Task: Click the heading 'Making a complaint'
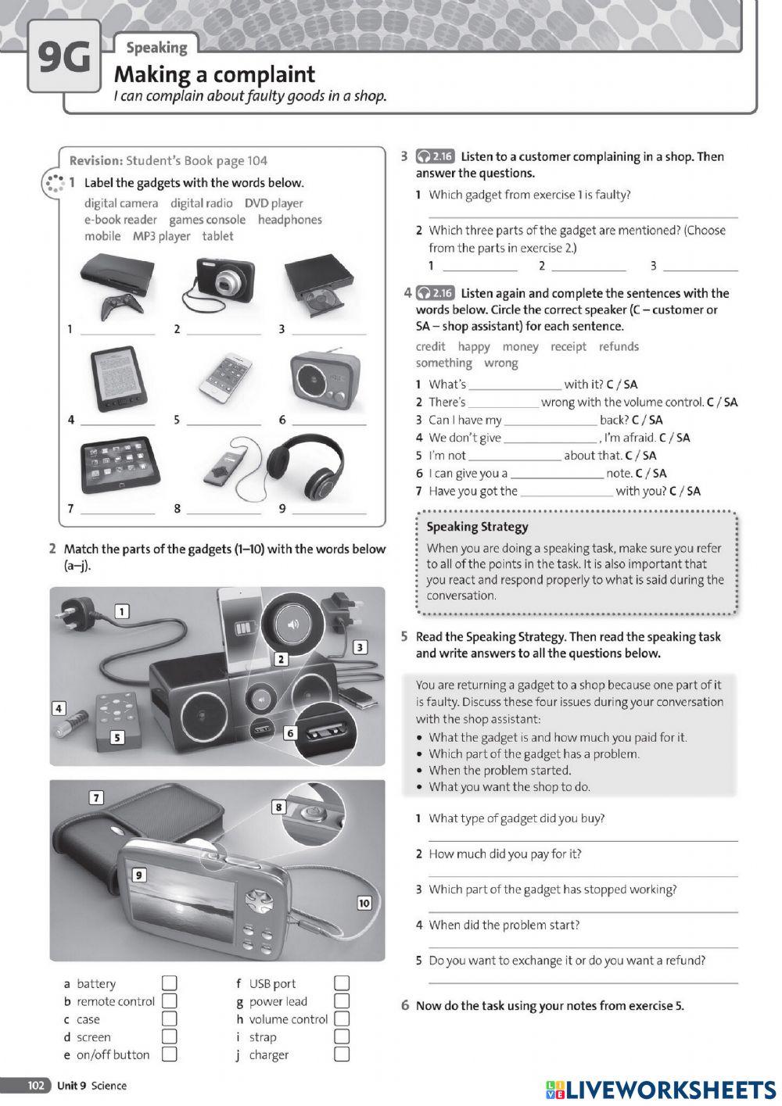(x=214, y=75)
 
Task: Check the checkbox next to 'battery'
(x=169, y=983)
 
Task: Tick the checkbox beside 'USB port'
(x=341, y=983)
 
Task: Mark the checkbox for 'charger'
(x=341, y=1054)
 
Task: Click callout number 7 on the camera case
(x=96, y=797)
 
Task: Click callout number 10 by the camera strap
(x=364, y=903)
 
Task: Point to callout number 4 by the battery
(x=58, y=708)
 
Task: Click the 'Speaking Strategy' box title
(x=477, y=527)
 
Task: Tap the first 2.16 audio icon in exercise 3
(x=436, y=156)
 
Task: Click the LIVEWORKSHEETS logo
(x=661, y=1089)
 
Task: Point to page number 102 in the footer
(x=36, y=1086)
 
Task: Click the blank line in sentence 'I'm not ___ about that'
(x=514, y=456)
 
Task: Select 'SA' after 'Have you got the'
(x=693, y=491)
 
